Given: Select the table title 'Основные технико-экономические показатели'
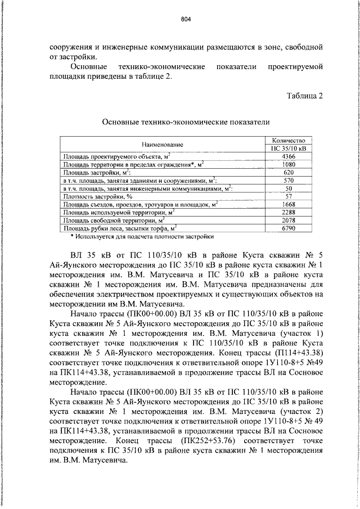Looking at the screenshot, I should point(186,121).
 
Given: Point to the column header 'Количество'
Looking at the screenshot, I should point(288,140).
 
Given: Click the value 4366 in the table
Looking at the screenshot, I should point(288,156).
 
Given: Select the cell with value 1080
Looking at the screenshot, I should point(288,164).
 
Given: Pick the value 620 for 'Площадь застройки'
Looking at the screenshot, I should point(288,172).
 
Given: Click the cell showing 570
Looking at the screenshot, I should point(288,181).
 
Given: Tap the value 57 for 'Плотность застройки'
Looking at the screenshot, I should point(288,196).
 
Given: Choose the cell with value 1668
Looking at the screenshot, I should point(288,204).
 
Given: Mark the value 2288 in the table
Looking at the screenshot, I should point(288,213).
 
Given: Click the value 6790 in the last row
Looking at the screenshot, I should point(288,228).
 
